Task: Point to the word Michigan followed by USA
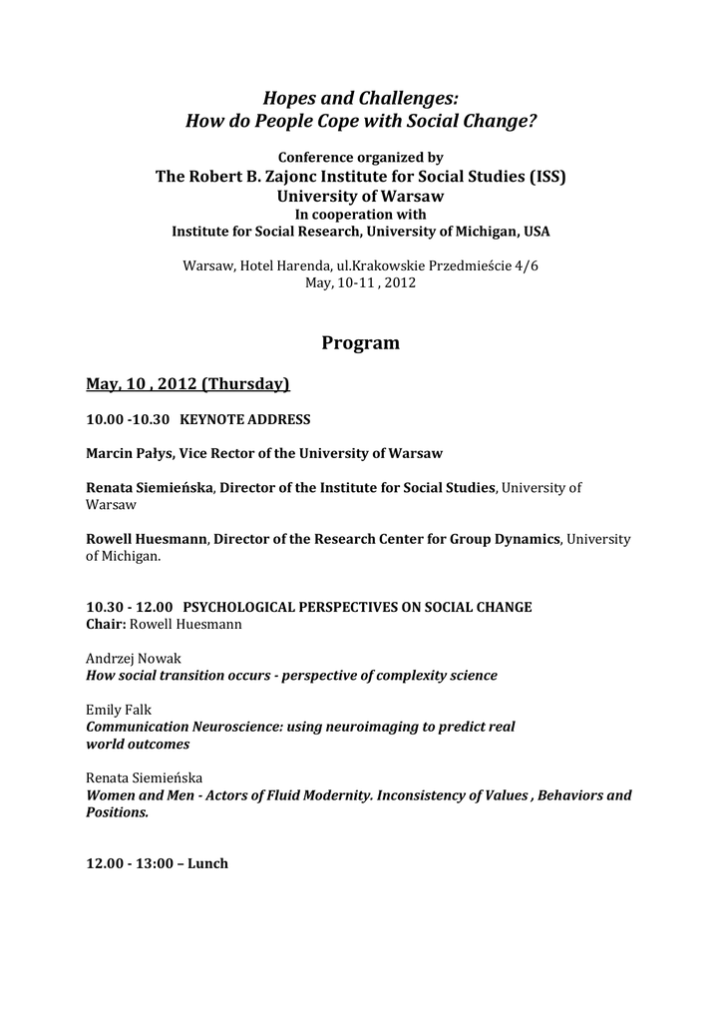[487, 232]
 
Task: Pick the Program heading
[360, 343]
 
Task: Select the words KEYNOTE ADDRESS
[244, 419]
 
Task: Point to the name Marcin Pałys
[130, 453]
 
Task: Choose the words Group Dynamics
[513, 539]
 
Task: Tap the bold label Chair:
[105, 624]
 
